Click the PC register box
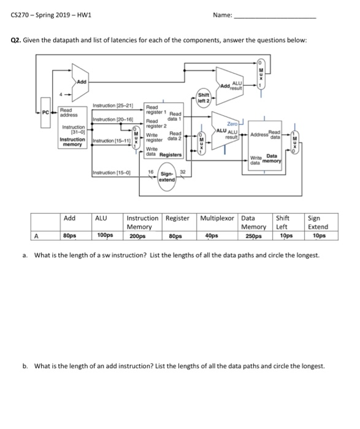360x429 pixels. point(45,112)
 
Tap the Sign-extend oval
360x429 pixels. point(167,177)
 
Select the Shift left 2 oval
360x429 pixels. point(204,98)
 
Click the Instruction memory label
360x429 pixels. point(72,142)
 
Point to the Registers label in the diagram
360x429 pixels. point(170,154)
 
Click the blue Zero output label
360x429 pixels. point(232,124)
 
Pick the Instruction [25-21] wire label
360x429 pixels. point(113,105)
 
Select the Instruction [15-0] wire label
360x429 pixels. point(112,173)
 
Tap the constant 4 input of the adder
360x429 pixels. point(61,94)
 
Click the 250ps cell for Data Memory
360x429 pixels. point(253,236)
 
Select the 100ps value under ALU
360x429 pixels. point(105,235)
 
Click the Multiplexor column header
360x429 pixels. point(217,218)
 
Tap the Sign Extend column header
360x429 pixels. point(318,222)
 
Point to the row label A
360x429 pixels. point(36,236)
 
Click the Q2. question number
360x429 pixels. point(16,40)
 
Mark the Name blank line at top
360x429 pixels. point(275,18)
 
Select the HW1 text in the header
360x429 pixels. point(84,15)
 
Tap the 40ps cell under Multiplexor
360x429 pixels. point(212,235)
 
